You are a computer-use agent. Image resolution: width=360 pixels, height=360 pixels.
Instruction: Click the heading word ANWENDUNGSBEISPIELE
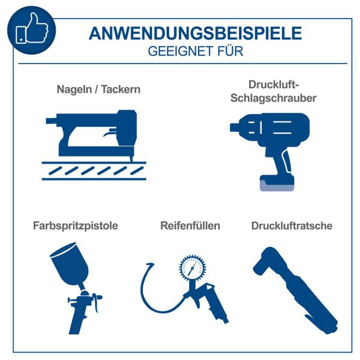(195, 34)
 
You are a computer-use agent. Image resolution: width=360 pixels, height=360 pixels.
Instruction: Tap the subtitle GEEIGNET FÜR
(195, 52)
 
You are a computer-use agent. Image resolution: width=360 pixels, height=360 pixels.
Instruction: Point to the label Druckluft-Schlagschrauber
(274, 91)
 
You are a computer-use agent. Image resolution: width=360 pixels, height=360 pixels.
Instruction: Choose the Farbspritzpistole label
(75, 226)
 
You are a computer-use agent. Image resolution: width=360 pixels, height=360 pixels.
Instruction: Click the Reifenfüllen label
(190, 226)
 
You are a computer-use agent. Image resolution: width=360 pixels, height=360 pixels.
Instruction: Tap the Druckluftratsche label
(292, 226)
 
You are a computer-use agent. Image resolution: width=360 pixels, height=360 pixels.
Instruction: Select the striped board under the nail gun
(94, 170)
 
